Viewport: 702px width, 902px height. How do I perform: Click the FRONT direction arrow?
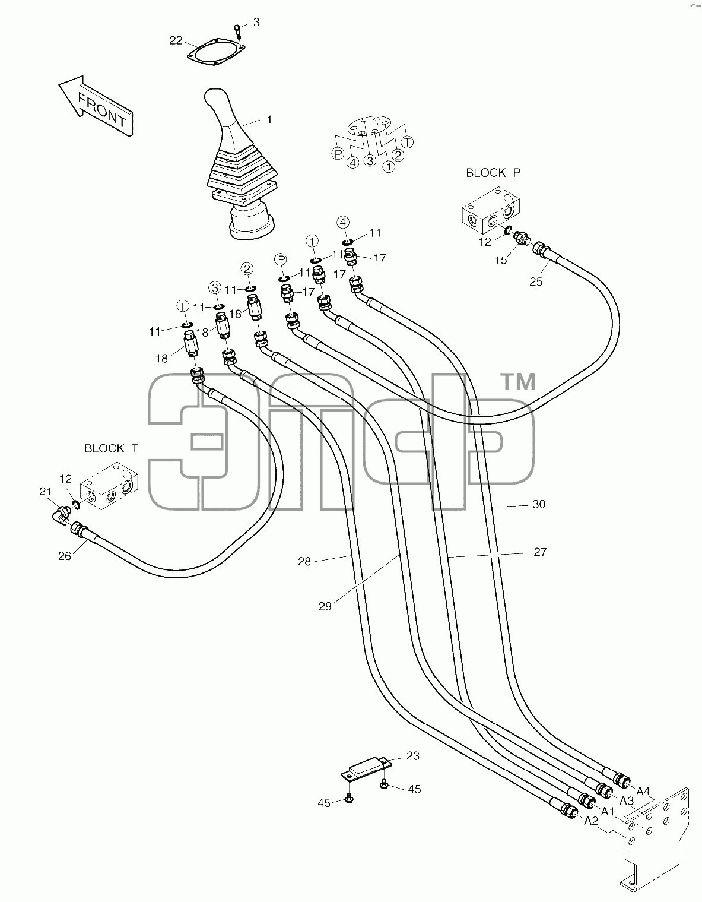coord(96,106)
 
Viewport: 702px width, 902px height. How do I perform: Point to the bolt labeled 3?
coord(237,31)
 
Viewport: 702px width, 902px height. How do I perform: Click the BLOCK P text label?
coord(493,173)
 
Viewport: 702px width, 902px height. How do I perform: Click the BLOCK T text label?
coord(111,448)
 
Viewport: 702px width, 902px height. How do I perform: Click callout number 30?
coord(539,504)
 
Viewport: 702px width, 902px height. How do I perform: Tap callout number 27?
coord(540,552)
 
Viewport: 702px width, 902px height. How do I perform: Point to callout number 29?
coord(325,606)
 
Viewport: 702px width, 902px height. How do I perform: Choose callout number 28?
coord(304,562)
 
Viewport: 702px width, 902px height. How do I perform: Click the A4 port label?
coord(643,791)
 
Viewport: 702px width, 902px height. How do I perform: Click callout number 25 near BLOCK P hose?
coord(536,281)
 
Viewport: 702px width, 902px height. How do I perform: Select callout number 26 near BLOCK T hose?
coord(65,556)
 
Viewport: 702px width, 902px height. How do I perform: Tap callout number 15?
coord(501,260)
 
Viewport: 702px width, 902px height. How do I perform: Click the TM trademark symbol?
coord(519,382)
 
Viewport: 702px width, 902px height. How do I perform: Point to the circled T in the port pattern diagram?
coord(408,142)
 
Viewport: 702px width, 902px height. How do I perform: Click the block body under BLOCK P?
coord(491,210)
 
